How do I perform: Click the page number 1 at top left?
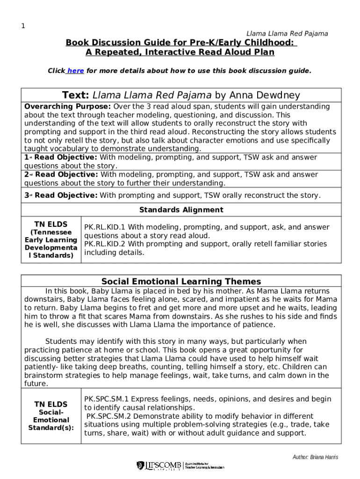(22, 26)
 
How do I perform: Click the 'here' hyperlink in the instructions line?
(76, 71)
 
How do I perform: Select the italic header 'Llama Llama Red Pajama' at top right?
(287, 34)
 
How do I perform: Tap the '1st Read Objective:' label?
(61, 158)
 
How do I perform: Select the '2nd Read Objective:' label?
(61, 174)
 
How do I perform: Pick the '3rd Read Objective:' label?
(61, 195)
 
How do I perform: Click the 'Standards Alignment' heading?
(181, 210)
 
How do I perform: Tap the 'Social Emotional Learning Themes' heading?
(181, 282)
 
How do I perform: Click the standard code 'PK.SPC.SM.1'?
(106, 399)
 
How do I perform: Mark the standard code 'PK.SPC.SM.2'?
(108, 416)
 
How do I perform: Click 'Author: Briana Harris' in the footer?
(315, 457)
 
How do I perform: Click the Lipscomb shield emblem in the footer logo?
(140, 465)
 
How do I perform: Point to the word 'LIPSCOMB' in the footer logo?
(163, 465)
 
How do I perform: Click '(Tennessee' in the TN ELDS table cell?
(51, 232)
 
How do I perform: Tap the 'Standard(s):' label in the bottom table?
(51, 428)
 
